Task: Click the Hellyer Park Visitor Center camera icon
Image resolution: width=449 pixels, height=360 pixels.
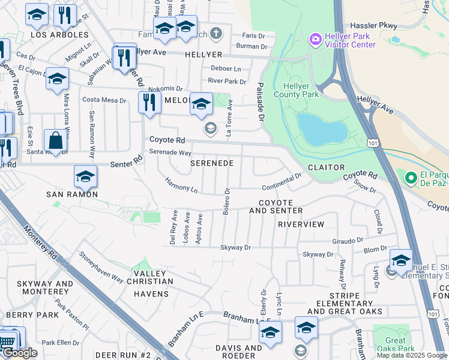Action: point(315,40)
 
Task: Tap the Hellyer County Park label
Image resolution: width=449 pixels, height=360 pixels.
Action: point(296,89)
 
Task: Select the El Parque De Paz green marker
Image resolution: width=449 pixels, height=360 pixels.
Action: point(411,178)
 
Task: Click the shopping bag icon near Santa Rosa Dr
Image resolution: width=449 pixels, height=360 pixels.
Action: point(55,142)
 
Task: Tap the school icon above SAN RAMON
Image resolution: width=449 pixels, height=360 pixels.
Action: point(85,176)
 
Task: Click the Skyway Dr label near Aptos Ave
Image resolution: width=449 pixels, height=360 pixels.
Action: point(235,247)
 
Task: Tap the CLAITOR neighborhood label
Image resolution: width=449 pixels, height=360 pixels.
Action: point(326,167)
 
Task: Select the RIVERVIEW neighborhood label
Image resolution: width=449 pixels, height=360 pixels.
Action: point(301,224)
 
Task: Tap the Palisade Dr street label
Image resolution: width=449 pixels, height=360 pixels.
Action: point(261,101)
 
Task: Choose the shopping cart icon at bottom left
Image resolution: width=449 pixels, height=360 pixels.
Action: point(7,340)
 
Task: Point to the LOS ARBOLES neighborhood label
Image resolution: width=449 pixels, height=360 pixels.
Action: point(59,35)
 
